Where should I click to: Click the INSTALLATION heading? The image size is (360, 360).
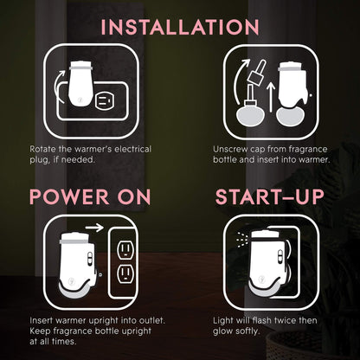[x=180, y=27]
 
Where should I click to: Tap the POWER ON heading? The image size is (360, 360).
[x=90, y=197]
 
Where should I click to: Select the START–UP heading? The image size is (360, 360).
[x=270, y=197]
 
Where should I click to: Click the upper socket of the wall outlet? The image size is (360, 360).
[x=125, y=249]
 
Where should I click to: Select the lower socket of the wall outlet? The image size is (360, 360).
[x=125, y=273]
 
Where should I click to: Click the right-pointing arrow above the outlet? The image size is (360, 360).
[x=94, y=228]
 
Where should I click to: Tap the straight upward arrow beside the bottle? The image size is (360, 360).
[x=270, y=97]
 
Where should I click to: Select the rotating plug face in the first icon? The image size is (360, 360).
[x=103, y=101]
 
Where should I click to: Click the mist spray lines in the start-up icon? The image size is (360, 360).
[x=241, y=239]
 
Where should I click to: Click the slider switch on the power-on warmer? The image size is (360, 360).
[x=90, y=258]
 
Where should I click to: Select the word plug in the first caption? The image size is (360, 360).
[x=39, y=159]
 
